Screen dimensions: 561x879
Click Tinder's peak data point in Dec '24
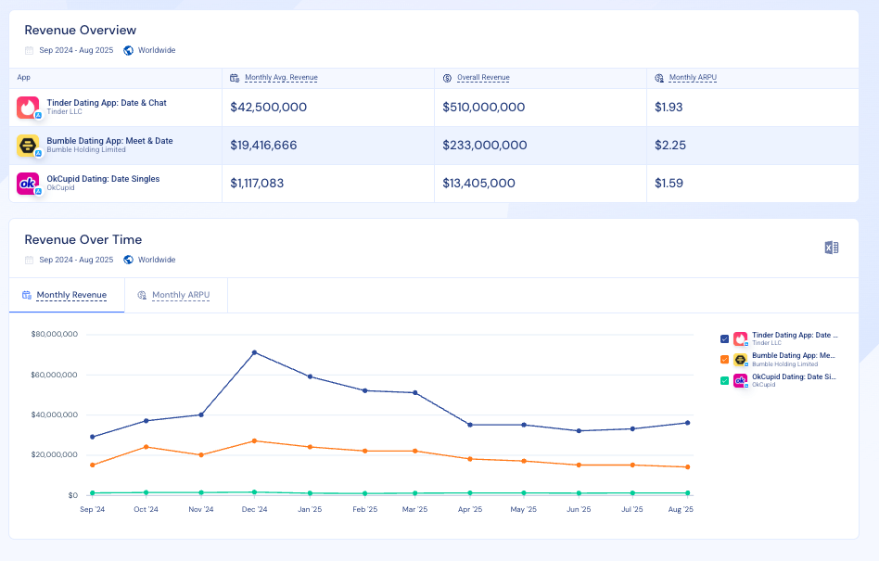click(x=254, y=352)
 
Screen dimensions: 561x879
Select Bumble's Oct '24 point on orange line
click(x=146, y=447)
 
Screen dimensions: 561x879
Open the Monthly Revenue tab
click(x=71, y=295)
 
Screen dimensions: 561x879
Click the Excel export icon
click(x=832, y=248)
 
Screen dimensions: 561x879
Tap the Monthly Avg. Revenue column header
click(x=281, y=78)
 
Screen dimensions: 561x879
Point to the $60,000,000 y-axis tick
click(x=54, y=375)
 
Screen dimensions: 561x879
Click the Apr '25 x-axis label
click(x=470, y=509)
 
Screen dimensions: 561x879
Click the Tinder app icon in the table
click(x=28, y=108)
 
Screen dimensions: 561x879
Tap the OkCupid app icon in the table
click(x=28, y=184)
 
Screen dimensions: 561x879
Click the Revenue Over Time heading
click(x=83, y=239)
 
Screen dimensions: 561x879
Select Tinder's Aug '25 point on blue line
click(x=687, y=423)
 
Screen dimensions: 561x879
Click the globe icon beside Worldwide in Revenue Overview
click(x=128, y=50)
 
